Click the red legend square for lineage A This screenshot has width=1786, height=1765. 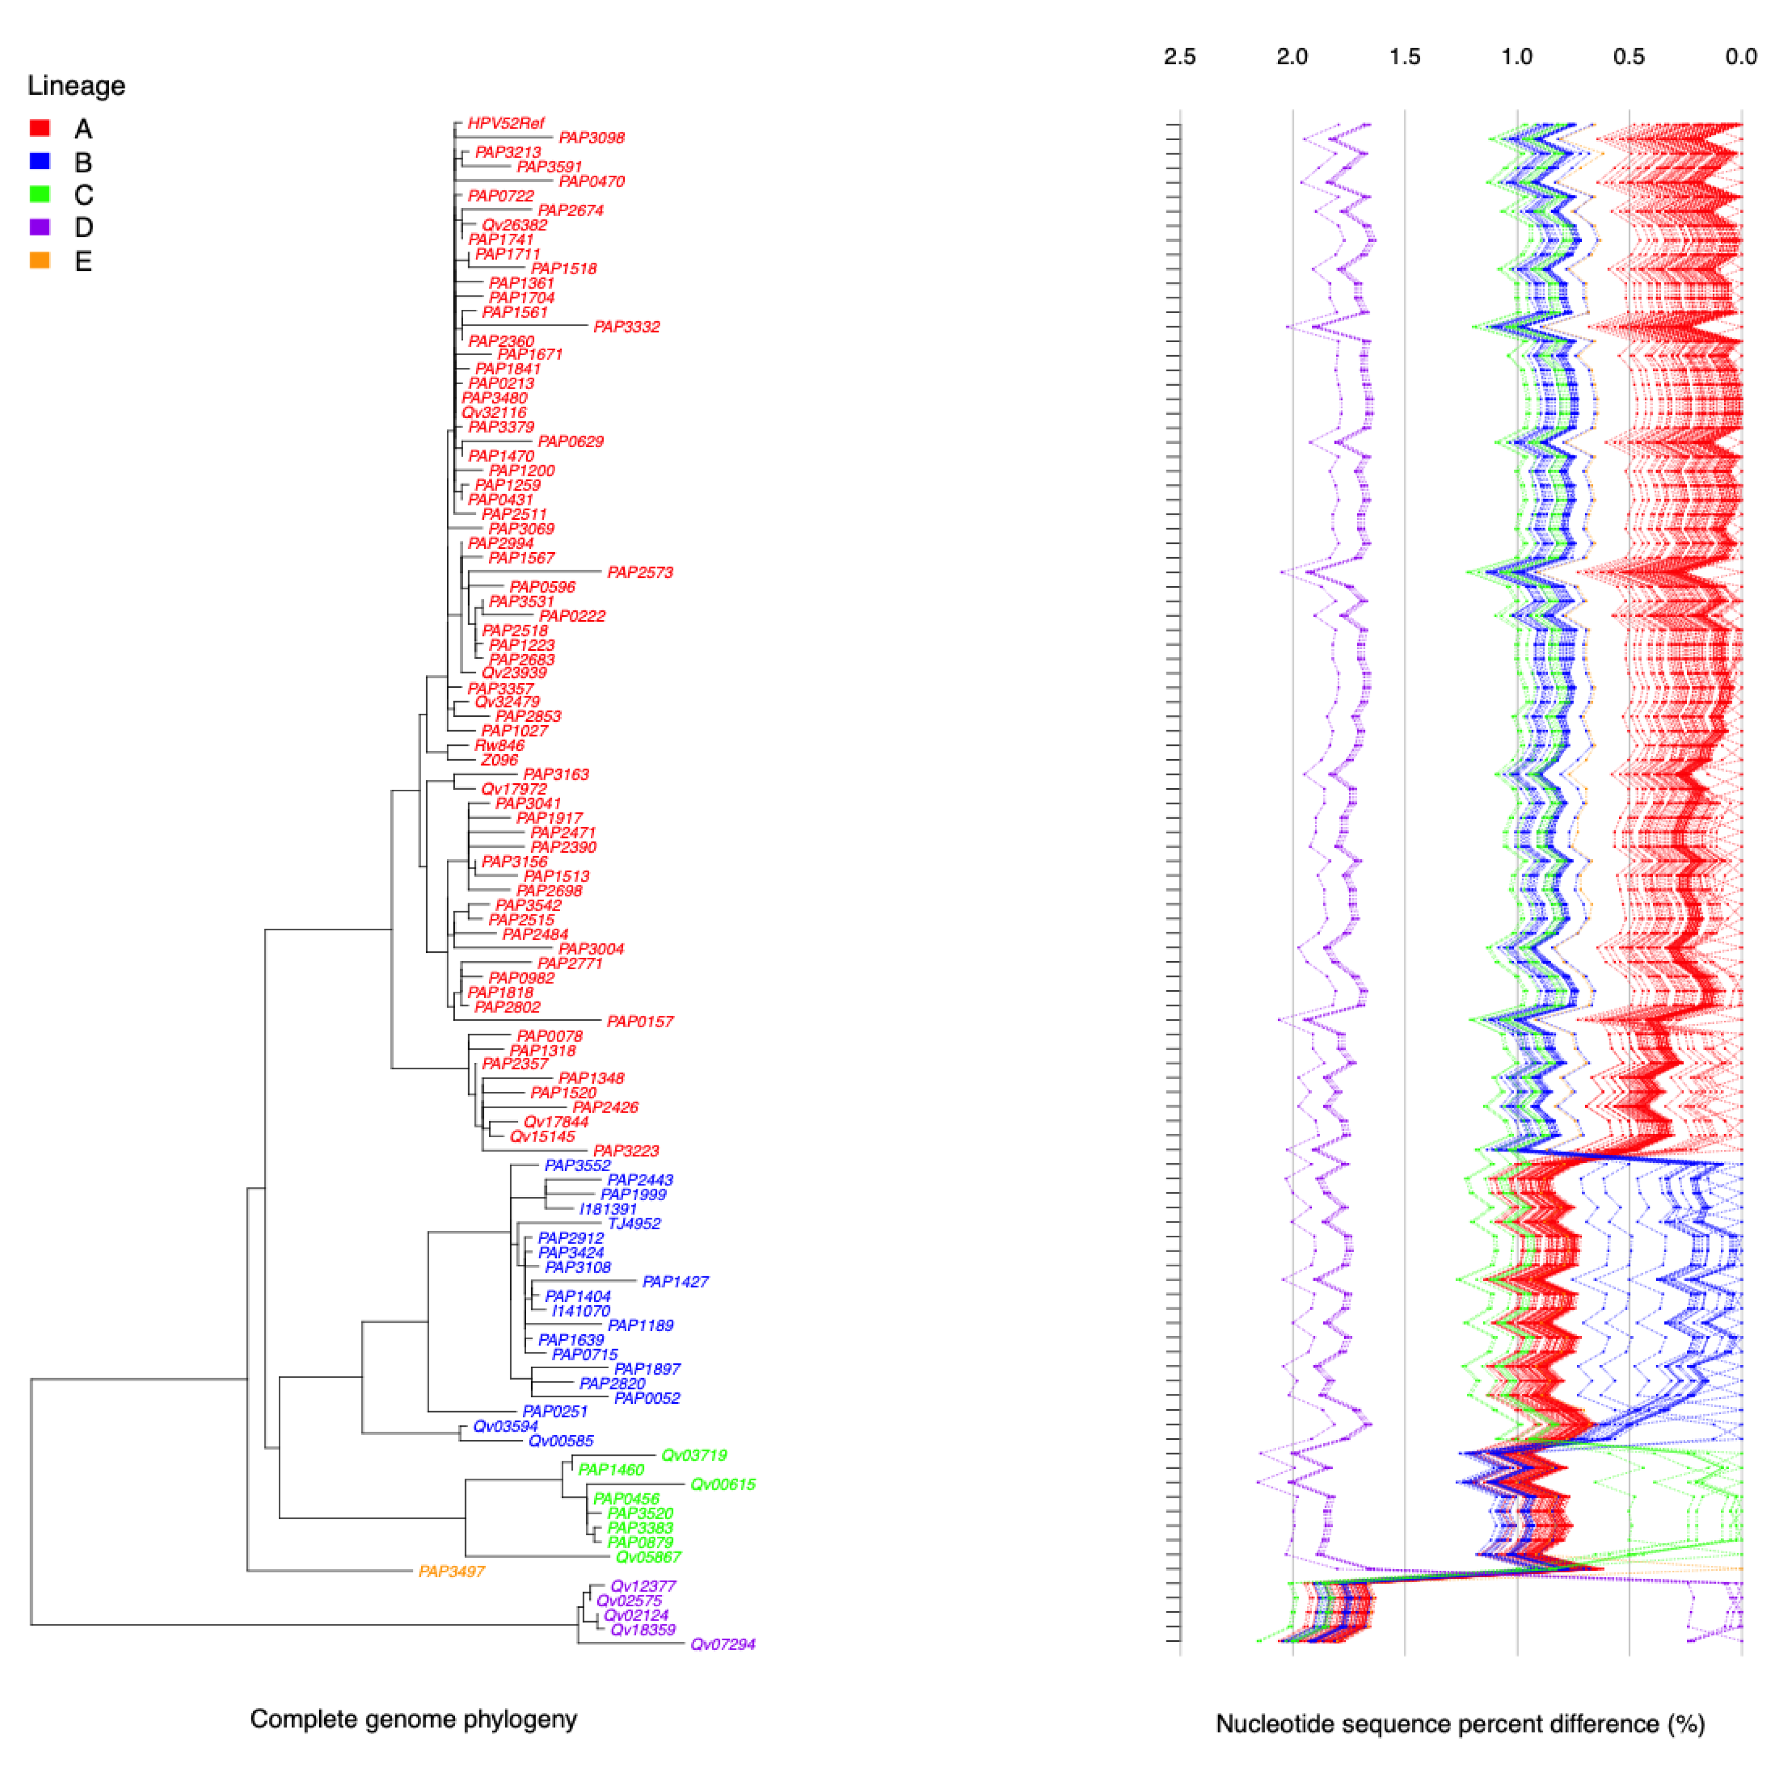(x=40, y=128)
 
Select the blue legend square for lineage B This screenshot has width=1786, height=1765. (x=40, y=161)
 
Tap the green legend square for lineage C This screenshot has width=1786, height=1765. (x=40, y=194)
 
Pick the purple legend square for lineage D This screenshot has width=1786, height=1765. (x=40, y=227)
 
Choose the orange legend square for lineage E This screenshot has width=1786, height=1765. (x=40, y=261)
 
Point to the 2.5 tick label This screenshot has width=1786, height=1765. (x=1179, y=57)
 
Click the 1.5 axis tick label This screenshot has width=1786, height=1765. (x=1404, y=57)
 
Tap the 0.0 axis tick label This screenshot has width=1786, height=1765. (x=1741, y=57)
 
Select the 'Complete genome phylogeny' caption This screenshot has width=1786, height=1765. (x=413, y=1719)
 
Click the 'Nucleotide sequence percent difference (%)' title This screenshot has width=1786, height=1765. (x=1460, y=1723)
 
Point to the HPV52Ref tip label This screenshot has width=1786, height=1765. (x=506, y=123)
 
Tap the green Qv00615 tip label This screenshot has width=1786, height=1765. (x=723, y=1484)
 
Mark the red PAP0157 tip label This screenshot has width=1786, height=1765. (x=639, y=1021)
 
